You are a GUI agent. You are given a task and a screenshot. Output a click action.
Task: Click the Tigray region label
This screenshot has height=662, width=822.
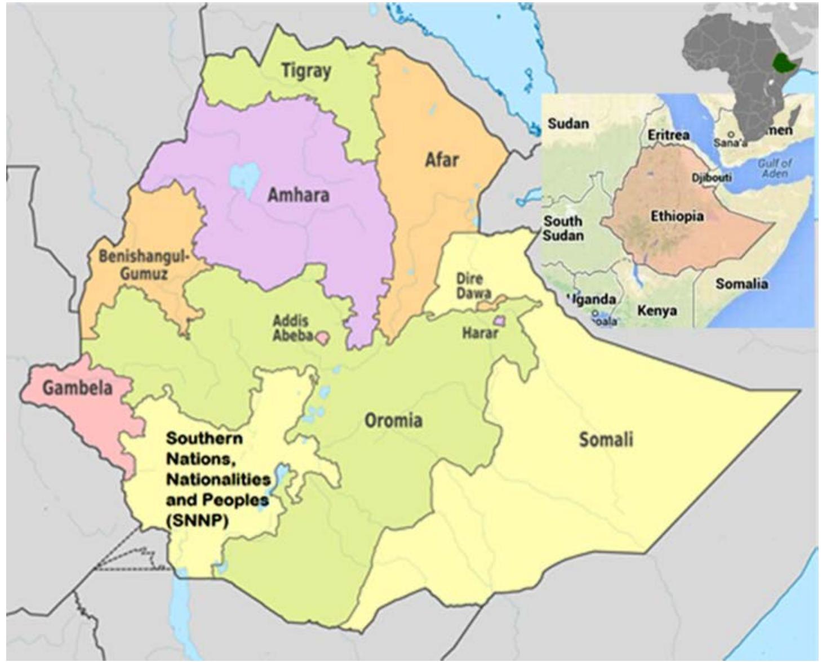click(306, 72)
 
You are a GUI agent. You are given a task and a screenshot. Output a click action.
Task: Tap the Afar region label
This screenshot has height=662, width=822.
click(441, 160)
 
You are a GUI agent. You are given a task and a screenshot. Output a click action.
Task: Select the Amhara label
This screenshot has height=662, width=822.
click(298, 196)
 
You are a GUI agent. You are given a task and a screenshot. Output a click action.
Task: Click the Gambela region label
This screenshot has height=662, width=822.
click(77, 388)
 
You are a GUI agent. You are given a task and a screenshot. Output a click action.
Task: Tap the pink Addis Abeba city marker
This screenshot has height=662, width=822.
click(322, 338)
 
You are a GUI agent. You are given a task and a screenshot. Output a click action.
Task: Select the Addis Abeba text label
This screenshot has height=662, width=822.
click(292, 328)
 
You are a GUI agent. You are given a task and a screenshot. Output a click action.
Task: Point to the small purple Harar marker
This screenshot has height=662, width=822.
click(499, 321)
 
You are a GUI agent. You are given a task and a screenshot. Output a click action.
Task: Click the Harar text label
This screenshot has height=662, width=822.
click(479, 333)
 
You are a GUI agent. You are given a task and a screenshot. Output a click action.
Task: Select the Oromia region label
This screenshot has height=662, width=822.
click(393, 420)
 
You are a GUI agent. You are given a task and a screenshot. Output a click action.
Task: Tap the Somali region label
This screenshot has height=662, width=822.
click(606, 439)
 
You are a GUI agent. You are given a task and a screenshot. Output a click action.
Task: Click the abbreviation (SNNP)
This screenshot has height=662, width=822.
click(197, 521)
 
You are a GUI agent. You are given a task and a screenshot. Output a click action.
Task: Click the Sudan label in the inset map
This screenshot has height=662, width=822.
click(568, 123)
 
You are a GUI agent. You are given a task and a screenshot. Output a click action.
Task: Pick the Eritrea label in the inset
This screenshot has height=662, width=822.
click(668, 135)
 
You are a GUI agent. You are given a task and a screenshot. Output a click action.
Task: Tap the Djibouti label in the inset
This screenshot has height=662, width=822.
click(712, 177)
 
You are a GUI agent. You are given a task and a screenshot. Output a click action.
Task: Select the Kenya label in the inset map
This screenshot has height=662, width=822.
click(657, 310)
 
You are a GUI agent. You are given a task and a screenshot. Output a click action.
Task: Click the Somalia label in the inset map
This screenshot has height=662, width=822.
click(741, 283)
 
